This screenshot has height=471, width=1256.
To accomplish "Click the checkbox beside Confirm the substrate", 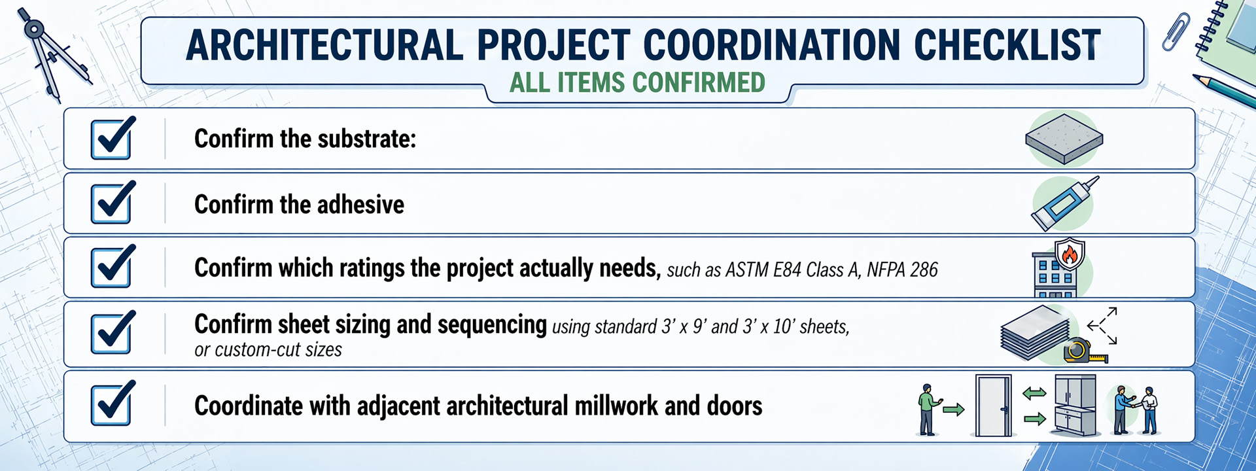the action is point(112,139).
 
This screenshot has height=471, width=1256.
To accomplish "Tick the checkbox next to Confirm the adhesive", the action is point(112,203).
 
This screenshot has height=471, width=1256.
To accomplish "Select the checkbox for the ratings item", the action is point(112,266).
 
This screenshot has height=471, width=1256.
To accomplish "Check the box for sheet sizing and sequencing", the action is point(112,332).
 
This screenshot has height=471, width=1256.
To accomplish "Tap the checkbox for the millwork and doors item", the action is point(112,404).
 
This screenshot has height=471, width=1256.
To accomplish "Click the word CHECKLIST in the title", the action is point(1007,45).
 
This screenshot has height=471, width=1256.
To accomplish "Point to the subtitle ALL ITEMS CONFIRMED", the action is point(637,83).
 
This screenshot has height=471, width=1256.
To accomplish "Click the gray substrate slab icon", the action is point(1064,138).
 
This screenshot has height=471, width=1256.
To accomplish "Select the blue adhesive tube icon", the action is point(1064,203).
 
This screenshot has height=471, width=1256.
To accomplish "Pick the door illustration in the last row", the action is point(993,406).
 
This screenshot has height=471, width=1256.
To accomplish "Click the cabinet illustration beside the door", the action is point(1075,406).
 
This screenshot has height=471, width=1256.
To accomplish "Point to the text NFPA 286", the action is point(902,270).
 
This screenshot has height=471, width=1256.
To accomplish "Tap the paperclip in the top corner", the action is point(1176,31).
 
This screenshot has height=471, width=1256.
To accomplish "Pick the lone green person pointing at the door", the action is point(927,410).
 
